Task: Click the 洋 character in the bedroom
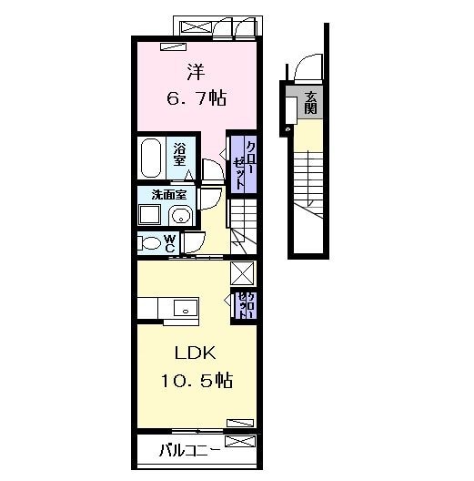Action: pos(195,71)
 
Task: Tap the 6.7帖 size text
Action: pos(196,97)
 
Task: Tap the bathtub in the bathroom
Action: pos(151,158)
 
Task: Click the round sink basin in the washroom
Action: pos(181,216)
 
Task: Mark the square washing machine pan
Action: pos(148,215)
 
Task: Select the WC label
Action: pos(170,243)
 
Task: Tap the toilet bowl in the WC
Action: pos(147,243)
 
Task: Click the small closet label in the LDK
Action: pos(245,305)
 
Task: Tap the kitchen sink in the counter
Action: pos(186,307)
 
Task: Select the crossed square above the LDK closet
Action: pos(243,273)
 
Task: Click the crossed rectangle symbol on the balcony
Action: pos(239,442)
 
